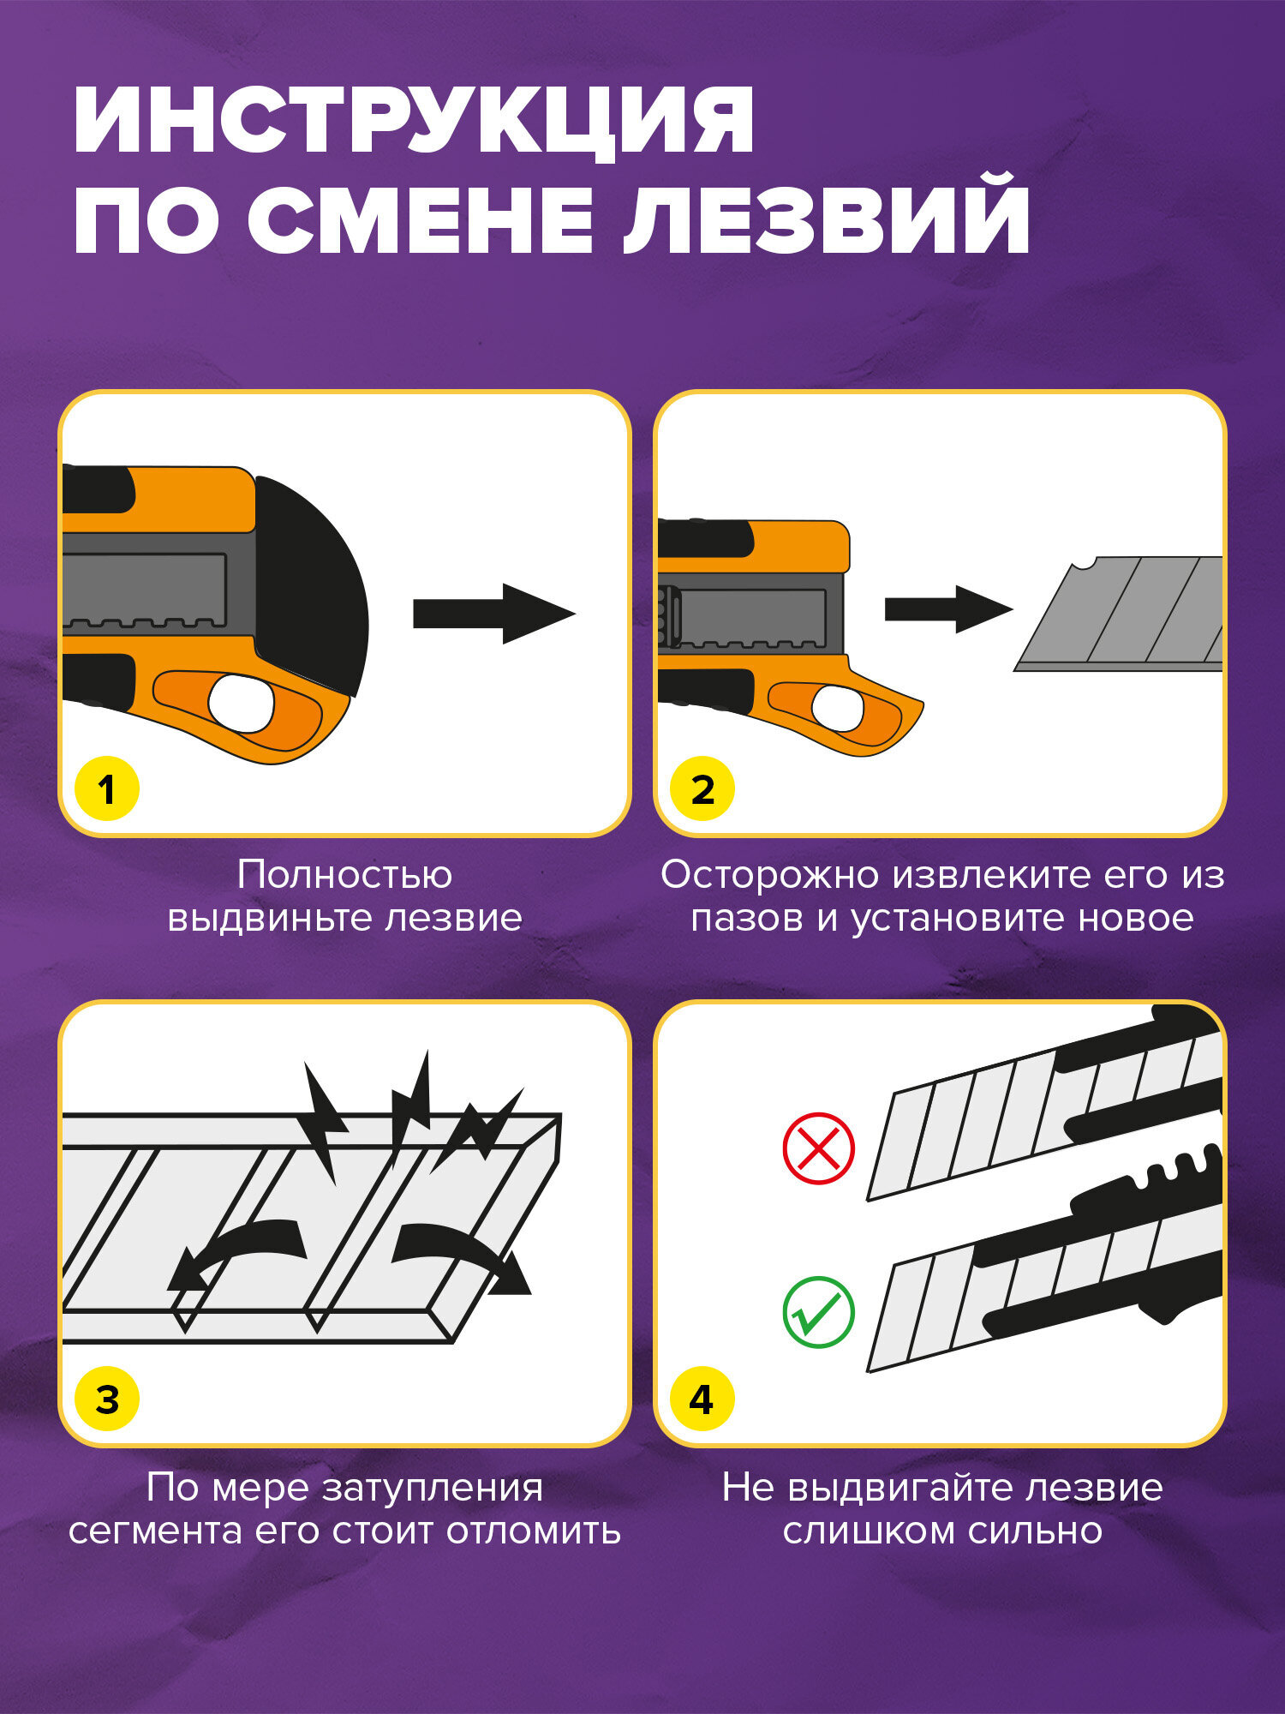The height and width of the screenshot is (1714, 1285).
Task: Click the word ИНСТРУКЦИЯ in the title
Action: pyautogui.click(x=414, y=120)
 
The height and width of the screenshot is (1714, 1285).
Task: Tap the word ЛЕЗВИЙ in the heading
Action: pyautogui.click(x=827, y=216)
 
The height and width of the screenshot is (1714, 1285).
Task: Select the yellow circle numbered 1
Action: pyautogui.click(x=106, y=789)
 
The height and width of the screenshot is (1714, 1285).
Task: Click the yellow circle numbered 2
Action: pyautogui.click(x=702, y=789)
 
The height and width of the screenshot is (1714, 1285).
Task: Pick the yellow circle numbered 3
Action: pyautogui.click(x=106, y=1399)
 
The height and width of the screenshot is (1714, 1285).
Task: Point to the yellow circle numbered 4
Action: pyautogui.click(x=702, y=1399)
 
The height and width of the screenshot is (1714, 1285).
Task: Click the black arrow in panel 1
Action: pyautogui.click(x=493, y=614)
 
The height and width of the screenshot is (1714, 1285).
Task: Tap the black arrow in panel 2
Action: pyautogui.click(x=947, y=609)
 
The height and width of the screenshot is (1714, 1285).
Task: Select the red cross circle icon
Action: pyautogui.click(x=818, y=1148)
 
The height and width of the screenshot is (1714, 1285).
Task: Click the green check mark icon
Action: pyautogui.click(x=818, y=1312)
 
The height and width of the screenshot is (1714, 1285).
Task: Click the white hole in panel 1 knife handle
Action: pyautogui.click(x=241, y=704)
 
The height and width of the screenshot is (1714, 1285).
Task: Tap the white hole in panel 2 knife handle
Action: pyautogui.click(x=836, y=708)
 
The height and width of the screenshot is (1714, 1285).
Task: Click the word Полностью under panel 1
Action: pyautogui.click(x=344, y=875)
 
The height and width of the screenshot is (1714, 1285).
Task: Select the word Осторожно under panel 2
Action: pyautogui.click(x=770, y=875)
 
